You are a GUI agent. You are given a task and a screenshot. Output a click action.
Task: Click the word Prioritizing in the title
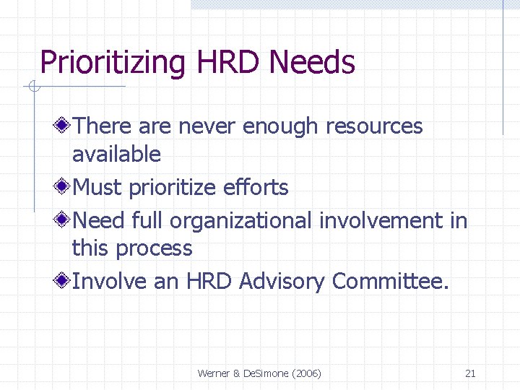[113, 63]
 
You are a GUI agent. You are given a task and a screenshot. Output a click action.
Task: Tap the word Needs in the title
[312, 63]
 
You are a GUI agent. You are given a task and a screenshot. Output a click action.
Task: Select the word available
[116, 154]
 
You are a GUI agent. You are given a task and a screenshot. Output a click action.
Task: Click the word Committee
[389, 282]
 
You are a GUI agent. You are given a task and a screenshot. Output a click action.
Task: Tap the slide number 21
[470, 373]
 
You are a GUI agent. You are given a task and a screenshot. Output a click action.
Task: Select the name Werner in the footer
[214, 373]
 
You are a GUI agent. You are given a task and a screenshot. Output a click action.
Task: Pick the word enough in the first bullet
[280, 126]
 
